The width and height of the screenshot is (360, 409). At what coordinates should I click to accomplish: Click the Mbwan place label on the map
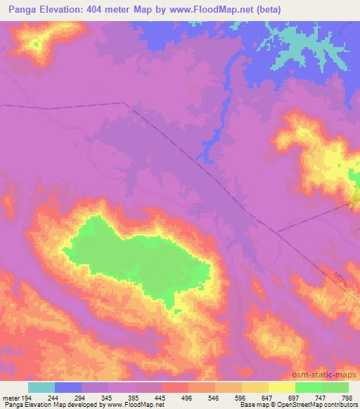tap(342, 268)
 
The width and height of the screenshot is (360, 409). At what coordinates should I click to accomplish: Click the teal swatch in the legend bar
tap(41, 387)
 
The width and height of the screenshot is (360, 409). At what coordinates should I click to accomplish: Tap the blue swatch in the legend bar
tap(68, 387)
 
